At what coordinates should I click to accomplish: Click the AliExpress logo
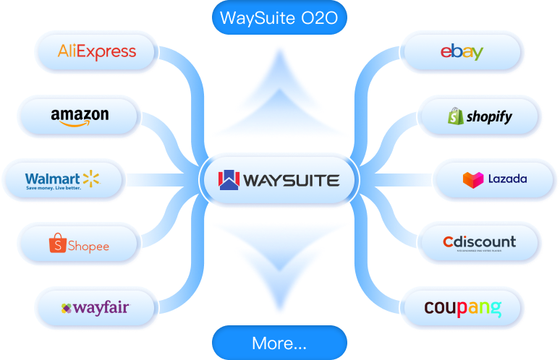pos(96,52)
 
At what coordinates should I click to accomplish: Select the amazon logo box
pos(80,116)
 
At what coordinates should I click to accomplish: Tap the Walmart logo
pos(61,180)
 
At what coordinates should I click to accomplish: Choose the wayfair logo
pos(95,308)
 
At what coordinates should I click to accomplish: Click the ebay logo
pos(462,52)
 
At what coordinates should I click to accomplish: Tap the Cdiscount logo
pos(479,242)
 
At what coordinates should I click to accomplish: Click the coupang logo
pos(462,308)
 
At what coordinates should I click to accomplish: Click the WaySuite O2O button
pos(279,18)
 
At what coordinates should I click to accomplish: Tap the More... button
pos(279,343)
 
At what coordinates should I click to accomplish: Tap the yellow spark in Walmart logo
pos(90,178)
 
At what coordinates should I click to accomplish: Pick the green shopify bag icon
pos(455,116)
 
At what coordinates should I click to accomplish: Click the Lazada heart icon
pos(472,179)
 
